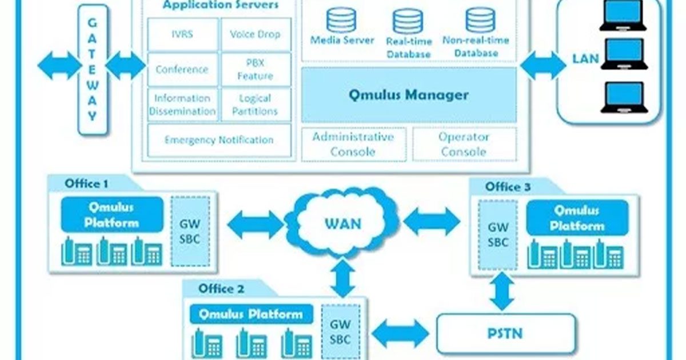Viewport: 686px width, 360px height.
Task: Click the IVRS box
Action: point(183,34)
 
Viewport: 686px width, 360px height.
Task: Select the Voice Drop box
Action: point(256,34)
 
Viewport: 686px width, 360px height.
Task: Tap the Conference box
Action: point(183,70)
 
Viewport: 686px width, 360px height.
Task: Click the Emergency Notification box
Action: point(219,140)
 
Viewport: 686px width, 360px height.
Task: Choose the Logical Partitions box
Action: point(256,105)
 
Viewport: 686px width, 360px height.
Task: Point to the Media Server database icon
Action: point(341,20)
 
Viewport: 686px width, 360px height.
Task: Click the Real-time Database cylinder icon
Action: point(408,21)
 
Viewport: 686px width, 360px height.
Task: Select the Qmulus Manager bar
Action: point(408,95)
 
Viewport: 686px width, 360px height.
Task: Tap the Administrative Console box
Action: point(353,145)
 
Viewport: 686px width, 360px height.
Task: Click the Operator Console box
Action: point(464,145)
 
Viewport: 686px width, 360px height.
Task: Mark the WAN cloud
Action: point(343,223)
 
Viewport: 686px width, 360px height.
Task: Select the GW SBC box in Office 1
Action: point(190,231)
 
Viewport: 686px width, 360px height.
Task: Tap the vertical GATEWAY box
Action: point(92,70)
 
